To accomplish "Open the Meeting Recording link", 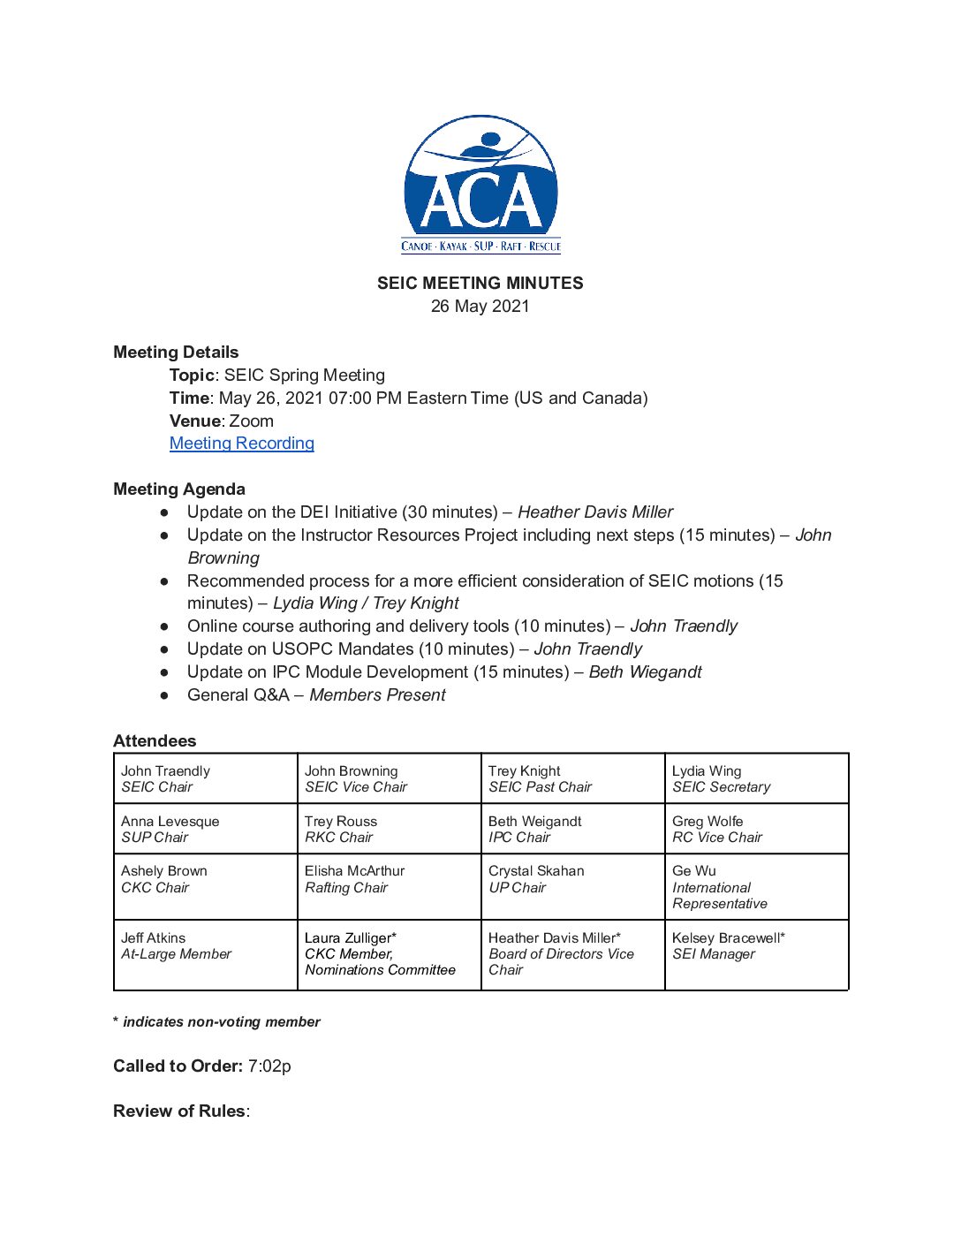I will click(x=241, y=444).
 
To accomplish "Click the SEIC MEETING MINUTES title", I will click(x=480, y=284).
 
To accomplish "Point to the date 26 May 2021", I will click(x=480, y=307).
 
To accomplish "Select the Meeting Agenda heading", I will click(x=179, y=489).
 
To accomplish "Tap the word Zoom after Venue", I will click(x=251, y=421).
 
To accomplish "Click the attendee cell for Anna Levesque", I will click(x=205, y=829).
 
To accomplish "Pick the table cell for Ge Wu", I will click(x=756, y=886).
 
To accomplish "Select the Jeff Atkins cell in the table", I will click(x=205, y=954).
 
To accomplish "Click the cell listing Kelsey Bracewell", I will click(x=756, y=954).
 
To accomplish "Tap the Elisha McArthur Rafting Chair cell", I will click(x=389, y=886).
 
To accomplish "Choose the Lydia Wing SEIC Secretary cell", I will click(x=756, y=778).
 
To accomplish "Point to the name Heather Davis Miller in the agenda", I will click(x=595, y=512).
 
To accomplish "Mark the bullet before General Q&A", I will click(x=164, y=695).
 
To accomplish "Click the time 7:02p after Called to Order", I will click(x=269, y=1066).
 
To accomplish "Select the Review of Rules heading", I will click(x=179, y=1111).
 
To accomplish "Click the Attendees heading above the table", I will click(x=155, y=741).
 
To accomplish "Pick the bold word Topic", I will click(x=192, y=375).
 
